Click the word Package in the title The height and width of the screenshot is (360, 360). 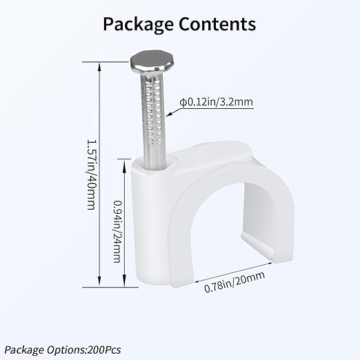138,25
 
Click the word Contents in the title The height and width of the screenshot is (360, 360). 217,24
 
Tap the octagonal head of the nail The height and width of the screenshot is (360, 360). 152,61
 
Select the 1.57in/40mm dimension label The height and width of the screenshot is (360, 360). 91,174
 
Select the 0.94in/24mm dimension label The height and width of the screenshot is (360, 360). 117,232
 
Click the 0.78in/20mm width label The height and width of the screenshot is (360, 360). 234,281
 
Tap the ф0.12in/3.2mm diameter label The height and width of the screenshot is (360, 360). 217,102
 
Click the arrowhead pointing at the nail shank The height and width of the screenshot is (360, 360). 169,114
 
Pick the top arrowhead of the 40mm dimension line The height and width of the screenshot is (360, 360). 99,67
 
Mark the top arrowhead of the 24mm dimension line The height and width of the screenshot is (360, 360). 124,163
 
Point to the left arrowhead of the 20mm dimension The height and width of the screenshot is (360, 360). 198,281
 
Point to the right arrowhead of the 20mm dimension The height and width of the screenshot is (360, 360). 269,263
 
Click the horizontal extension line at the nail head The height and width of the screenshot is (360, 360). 106,62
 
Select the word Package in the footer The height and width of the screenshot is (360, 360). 24,350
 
